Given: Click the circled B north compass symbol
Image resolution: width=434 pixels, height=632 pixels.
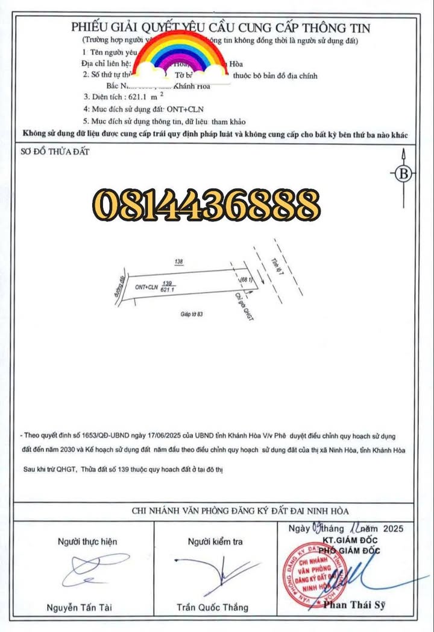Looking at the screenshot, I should click(404, 174).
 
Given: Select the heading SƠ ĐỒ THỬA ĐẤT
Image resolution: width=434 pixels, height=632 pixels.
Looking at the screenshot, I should click(55, 152).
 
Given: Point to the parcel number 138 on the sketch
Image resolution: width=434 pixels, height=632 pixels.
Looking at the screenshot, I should click(178, 262).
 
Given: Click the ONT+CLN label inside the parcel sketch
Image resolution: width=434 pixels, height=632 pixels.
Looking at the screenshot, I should click(146, 288).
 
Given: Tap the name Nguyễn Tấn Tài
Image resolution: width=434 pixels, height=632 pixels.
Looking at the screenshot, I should click(79, 607).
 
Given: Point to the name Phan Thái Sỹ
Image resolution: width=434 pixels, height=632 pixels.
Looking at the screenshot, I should click(354, 604).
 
